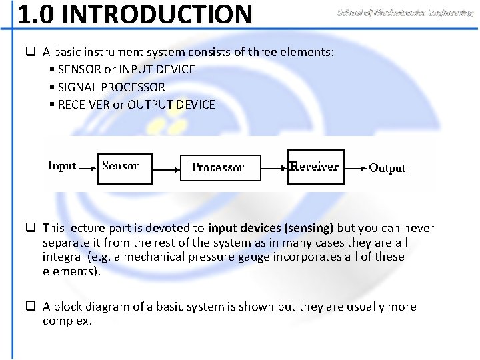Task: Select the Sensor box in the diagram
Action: click(x=125, y=166)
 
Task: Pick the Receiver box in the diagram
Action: click(x=315, y=166)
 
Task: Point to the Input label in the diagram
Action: click(x=62, y=166)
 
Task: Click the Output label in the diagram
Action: click(x=387, y=168)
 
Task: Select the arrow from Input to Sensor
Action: click(x=87, y=168)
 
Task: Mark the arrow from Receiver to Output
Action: click(x=353, y=168)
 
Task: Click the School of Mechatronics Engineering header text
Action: click(x=405, y=13)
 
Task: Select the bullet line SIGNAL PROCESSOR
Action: click(x=111, y=87)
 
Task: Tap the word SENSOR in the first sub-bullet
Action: click(x=79, y=69)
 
